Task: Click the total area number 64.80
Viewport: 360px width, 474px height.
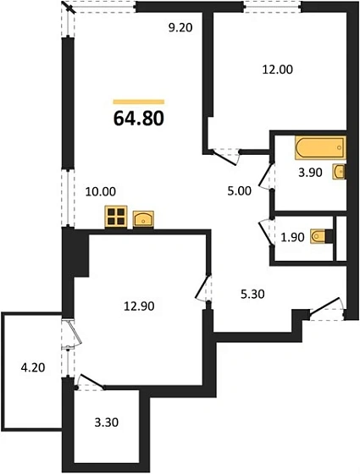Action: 138,117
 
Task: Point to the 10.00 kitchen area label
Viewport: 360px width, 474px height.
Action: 101,192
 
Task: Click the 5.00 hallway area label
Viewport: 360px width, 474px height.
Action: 240,190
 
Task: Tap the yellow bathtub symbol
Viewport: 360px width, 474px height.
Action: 318,148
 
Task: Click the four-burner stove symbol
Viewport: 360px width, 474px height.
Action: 115,218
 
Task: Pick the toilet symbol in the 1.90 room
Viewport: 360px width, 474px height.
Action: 319,238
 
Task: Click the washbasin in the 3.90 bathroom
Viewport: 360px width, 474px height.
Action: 340,173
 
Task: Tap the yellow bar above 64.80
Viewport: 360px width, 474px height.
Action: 138,102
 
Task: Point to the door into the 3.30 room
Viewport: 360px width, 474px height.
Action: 91,383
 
